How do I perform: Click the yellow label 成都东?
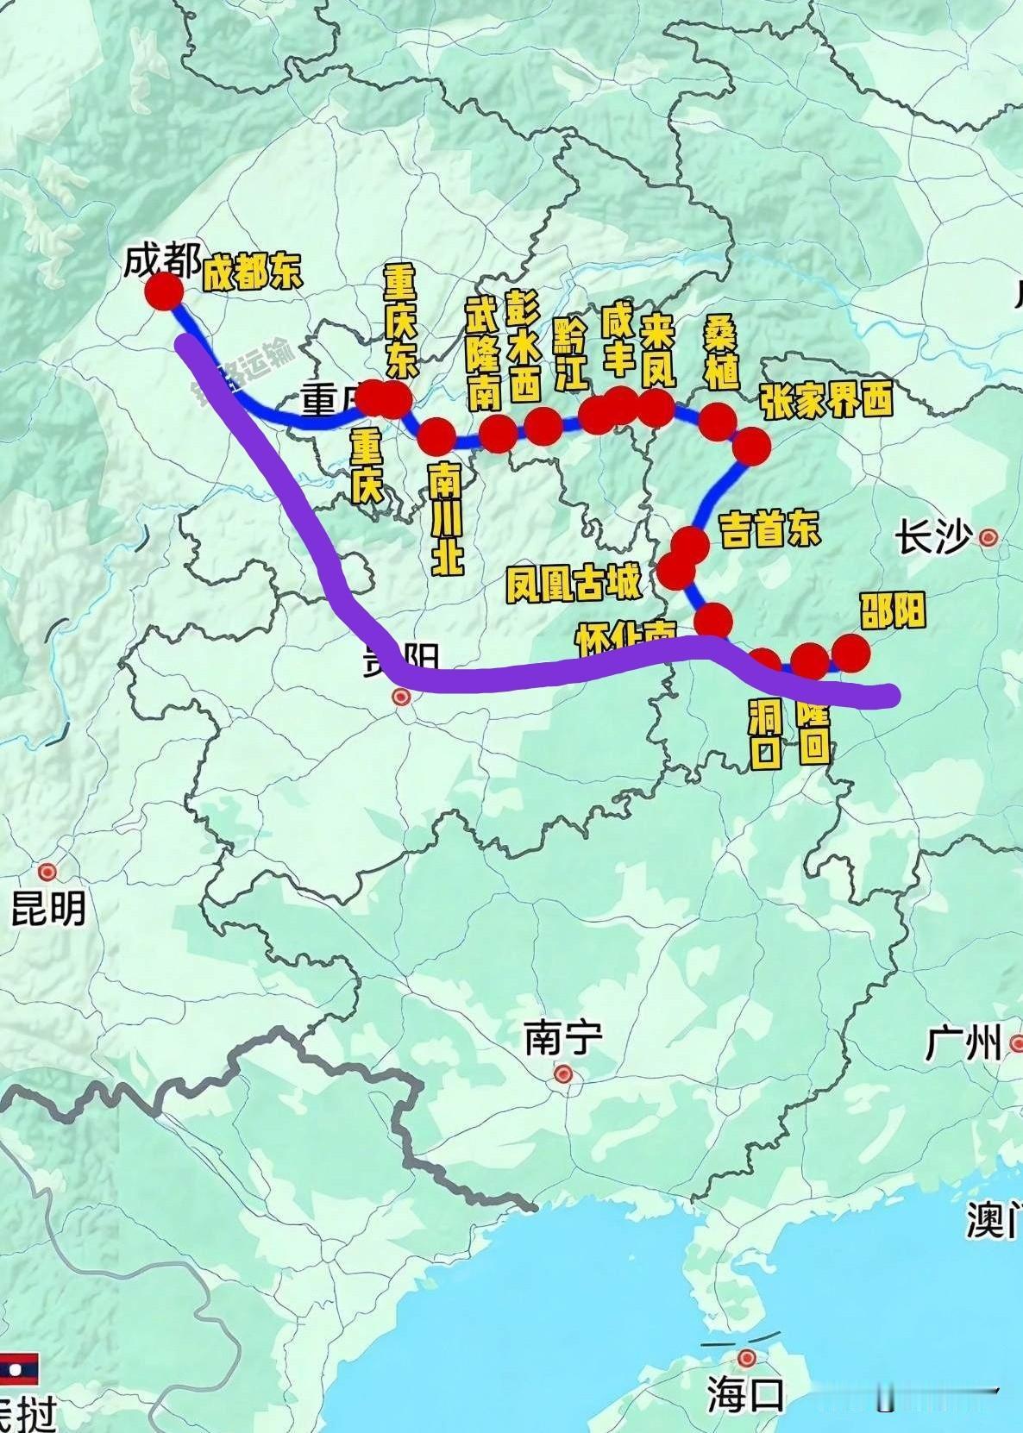tap(252, 274)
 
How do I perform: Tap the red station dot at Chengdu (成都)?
tap(163, 291)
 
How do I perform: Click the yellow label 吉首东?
tap(769, 529)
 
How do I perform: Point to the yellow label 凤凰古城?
tap(574, 584)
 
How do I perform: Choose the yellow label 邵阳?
tap(893, 610)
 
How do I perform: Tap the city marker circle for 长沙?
tap(988, 538)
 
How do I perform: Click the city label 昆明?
tap(48, 908)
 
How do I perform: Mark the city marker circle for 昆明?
tap(47, 872)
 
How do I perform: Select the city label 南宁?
tap(563, 1037)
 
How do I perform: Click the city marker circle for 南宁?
tap(563, 1073)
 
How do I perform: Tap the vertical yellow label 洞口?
tap(765, 734)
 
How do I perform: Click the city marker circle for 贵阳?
tap(401, 697)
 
